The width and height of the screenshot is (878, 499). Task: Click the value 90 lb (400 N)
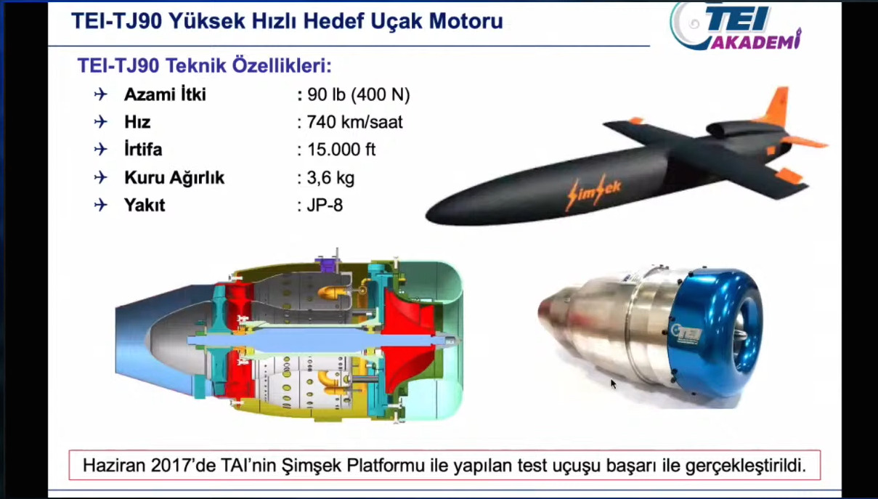pos(358,94)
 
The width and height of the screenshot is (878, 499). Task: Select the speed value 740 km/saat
pos(354,122)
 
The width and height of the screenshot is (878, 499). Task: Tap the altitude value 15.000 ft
pos(341,150)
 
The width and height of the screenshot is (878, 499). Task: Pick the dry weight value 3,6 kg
pos(330,177)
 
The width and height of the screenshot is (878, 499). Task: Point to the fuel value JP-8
pos(325,205)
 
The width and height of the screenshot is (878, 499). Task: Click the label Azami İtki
pos(165,94)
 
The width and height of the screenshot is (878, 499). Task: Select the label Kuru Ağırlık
pos(174,177)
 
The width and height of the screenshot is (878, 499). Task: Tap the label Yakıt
pos(145,205)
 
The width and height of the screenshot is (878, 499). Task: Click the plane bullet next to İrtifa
pos(101,150)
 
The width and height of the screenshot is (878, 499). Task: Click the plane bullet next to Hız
pos(101,122)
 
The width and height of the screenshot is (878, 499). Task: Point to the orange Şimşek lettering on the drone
pos(594,191)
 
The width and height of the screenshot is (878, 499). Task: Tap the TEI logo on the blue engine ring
pos(686,334)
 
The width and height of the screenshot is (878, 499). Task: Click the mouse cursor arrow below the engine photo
pos(614,384)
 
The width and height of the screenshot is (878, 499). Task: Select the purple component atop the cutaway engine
pos(328,264)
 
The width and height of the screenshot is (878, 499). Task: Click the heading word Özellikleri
pos(282,65)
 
